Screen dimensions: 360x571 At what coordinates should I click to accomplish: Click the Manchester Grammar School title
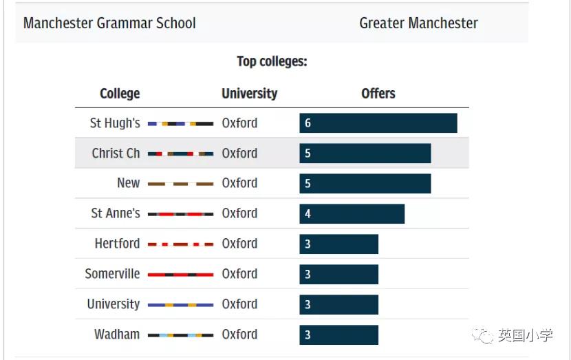click(109, 23)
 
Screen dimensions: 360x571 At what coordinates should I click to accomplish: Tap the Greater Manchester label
click(418, 23)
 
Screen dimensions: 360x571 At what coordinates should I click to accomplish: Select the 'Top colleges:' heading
click(272, 61)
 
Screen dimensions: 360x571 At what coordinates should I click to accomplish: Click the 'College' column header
click(120, 94)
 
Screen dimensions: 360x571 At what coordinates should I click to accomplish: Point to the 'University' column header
click(249, 94)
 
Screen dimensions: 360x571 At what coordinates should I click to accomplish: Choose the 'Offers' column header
click(378, 94)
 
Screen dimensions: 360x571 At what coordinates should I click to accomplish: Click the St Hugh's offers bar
click(378, 123)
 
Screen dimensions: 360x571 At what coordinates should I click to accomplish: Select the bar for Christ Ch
click(365, 153)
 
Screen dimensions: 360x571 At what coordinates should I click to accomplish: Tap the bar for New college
click(365, 184)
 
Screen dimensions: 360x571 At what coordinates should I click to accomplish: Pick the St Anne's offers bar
click(352, 214)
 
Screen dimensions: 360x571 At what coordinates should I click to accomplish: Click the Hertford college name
click(117, 244)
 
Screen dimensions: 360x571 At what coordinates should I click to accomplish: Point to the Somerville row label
click(112, 274)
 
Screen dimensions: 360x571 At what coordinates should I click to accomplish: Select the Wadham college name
click(117, 335)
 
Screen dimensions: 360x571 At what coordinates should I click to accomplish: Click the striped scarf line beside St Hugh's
click(180, 124)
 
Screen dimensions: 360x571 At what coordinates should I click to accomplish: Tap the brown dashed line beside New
click(180, 184)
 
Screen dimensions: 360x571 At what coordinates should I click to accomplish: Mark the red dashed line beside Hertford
click(180, 244)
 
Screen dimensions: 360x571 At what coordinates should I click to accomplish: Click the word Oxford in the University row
click(239, 304)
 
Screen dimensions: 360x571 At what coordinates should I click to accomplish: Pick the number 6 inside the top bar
click(308, 123)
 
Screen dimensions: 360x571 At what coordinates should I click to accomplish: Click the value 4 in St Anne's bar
click(308, 214)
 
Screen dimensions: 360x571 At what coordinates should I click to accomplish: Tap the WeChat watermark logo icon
click(487, 336)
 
